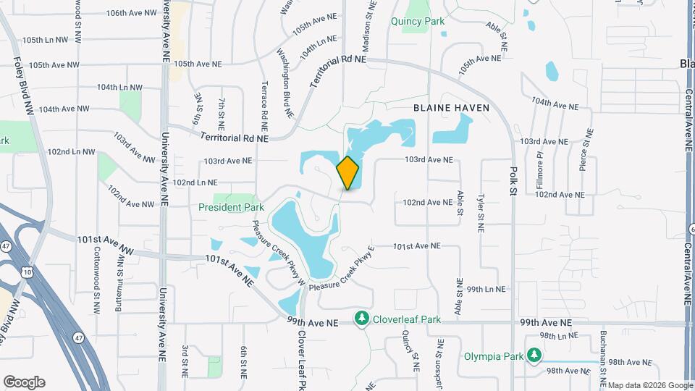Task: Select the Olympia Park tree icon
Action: click(x=534, y=355)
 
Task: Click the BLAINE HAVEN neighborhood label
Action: click(x=452, y=108)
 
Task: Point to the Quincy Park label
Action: click(x=418, y=22)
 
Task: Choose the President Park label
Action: click(x=231, y=207)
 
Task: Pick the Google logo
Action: click(x=24, y=382)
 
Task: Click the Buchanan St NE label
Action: click(x=603, y=355)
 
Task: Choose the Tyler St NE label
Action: click(x=480, y=212)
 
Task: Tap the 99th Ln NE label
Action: click(x=485, y=289)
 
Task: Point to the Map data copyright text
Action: click(x=649, y=385)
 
